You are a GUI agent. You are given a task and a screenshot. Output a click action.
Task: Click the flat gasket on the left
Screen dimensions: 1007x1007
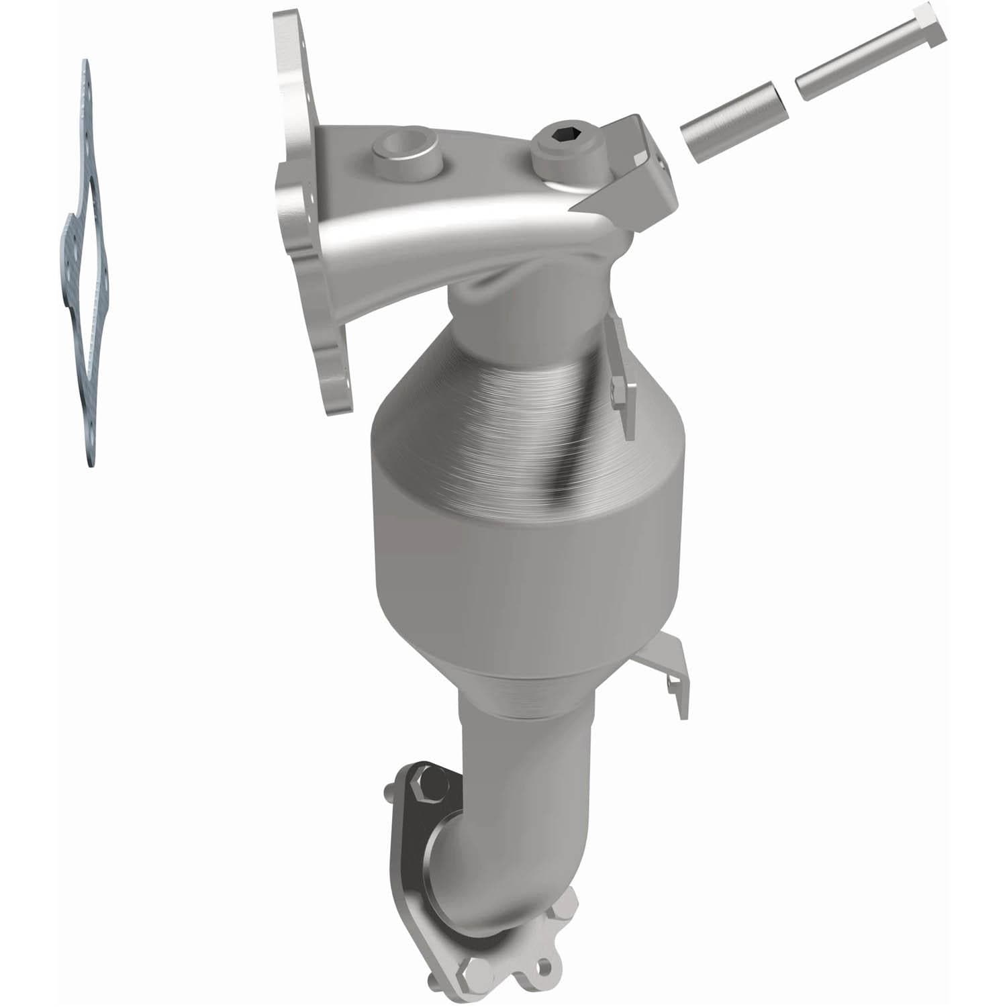coord(87,269)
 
